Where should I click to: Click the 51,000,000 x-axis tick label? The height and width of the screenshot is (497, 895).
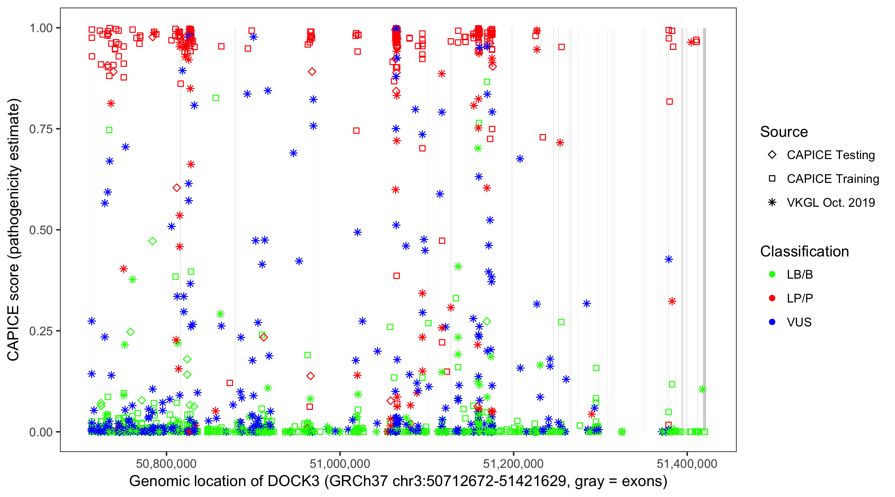340,464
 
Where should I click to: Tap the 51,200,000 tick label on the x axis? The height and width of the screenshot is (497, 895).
513,464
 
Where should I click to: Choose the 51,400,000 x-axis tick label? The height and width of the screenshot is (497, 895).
687,464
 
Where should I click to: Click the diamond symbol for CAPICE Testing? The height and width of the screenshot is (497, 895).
772,155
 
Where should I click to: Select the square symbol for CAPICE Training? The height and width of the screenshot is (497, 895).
772,179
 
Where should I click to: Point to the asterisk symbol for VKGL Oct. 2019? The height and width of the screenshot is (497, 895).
772,202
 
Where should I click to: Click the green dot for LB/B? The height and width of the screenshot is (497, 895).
772,275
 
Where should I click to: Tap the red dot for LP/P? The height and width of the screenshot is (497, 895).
772,298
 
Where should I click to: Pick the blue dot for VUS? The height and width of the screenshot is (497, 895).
772,322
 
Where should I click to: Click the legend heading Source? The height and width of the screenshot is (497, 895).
784,132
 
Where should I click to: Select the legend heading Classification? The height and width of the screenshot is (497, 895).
804,251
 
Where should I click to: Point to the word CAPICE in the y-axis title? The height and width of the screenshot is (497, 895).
13,333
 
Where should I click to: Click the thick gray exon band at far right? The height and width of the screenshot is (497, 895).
704,208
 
